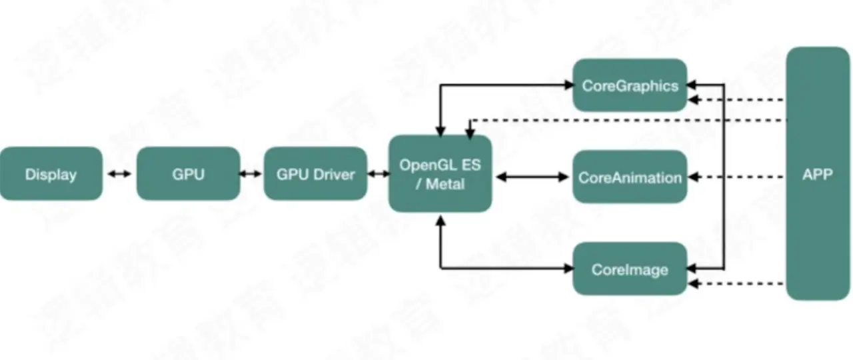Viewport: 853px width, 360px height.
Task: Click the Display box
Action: point(51,174)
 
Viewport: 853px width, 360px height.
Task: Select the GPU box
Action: point(188,174)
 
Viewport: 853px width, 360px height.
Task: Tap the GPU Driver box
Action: point(315,174)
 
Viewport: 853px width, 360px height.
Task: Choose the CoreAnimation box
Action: point(629,177)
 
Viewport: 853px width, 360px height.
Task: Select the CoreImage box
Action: point(629,269)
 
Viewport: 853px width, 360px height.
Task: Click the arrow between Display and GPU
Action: point(120,174)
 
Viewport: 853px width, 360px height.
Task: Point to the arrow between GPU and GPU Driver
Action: point(251,174)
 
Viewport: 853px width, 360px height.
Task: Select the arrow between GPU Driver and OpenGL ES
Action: point(378,174)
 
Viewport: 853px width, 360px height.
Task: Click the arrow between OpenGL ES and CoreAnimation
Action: point(532,177)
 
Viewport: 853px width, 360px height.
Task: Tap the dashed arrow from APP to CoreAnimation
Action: point(736,177)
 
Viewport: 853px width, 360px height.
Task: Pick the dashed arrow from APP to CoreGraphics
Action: point(736,100)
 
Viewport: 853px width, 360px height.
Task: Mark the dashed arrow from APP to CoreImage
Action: point(736,285)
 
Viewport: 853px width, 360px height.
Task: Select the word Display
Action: point(51,175)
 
